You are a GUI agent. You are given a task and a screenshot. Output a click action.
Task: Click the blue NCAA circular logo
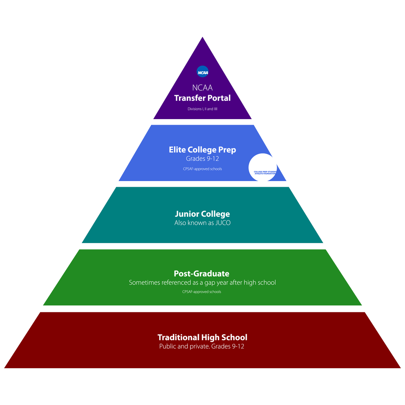202,72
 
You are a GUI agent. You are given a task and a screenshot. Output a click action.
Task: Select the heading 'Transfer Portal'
202,98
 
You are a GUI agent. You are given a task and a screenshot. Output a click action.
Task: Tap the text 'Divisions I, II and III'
202,109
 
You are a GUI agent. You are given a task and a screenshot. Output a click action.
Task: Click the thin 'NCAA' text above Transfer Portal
202,88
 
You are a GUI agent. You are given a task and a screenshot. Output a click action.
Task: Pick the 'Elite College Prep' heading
202,150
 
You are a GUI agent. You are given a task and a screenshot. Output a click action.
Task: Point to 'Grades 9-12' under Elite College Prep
202,159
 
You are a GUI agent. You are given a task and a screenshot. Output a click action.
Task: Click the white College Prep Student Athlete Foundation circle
263,167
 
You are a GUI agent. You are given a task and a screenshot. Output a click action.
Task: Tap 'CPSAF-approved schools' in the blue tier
202,169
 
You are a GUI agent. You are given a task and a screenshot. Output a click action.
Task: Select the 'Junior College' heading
202,214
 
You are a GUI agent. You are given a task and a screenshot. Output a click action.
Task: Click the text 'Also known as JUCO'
202,223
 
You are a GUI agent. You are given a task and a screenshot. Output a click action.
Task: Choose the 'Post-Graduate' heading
201,273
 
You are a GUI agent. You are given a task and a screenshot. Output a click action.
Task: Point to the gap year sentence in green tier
202,283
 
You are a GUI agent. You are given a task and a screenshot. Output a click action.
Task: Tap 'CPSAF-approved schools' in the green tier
202,292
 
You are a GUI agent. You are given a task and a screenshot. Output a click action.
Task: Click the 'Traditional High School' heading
202,337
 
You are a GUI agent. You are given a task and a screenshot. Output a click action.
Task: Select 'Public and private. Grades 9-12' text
202,346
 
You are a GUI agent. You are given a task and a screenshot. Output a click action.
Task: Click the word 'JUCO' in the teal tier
223,223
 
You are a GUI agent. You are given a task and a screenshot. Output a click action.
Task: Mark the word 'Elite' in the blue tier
177,150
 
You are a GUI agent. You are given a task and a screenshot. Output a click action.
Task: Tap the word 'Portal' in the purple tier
220,98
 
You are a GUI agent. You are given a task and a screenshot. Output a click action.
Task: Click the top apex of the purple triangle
202,37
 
